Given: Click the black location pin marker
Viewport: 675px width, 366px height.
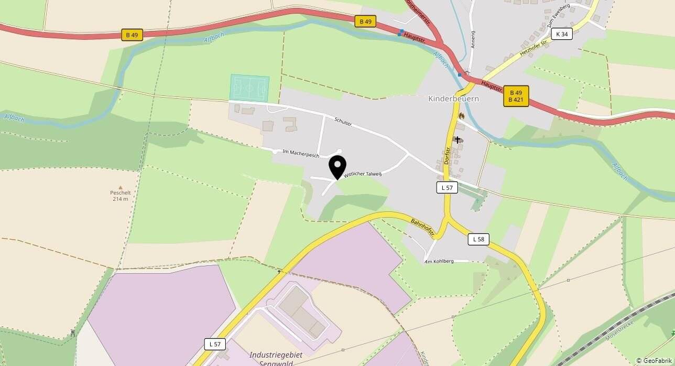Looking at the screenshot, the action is click(x=337, y=167).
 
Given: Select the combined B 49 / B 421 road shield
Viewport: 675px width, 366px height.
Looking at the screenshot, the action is click(x=516, y=96).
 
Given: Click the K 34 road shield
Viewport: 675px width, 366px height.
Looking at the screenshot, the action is click(x=561, y=34).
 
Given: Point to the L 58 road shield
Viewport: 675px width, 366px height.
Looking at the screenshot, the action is click(x=478, y=239).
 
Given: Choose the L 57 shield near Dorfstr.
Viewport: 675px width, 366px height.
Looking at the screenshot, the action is click(x=447, y=187).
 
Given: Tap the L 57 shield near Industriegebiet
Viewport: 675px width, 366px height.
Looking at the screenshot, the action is click(x=215, y=344).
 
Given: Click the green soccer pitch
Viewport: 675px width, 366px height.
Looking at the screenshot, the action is click(x=249, y=88).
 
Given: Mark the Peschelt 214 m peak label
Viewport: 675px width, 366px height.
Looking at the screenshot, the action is click(x=121, y=195).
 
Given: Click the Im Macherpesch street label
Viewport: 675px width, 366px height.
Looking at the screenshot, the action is click(x=301, y=154).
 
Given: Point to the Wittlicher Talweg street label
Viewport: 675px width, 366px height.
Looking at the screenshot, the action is click(x=363, y=174).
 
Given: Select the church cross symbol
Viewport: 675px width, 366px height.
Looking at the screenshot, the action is click(x=458, y=139).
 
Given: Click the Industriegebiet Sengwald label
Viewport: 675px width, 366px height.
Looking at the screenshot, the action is click(x=276, y=359).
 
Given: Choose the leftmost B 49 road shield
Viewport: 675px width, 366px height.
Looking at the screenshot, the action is click(x=132, y=35).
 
